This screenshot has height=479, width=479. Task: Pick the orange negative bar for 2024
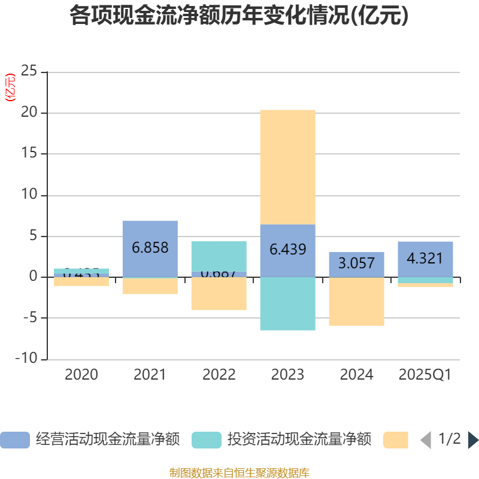click(356, 302)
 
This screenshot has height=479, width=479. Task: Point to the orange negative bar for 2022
click(219, 293)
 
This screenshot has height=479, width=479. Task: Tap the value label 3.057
click(356, 263)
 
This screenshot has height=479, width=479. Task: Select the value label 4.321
click(425, 259)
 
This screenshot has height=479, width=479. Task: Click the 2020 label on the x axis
click(81, 375)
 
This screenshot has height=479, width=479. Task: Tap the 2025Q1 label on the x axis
click(425, 375)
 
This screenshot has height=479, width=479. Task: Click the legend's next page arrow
click(473, 439)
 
